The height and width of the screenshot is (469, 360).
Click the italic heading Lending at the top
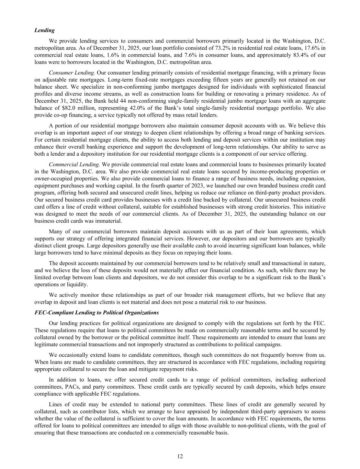[44, 30]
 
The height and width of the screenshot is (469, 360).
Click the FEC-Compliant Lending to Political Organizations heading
[97, 313]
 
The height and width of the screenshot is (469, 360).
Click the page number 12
[180, 456]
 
